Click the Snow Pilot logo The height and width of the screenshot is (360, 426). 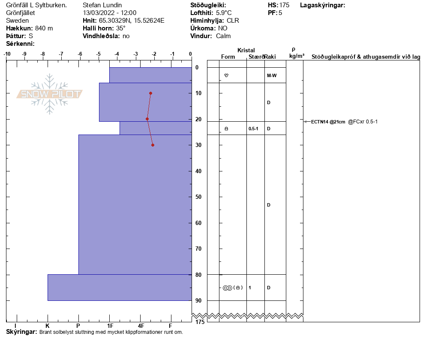point(49,94)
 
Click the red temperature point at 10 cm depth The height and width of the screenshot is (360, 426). point(150,93)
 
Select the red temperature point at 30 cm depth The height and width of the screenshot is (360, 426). point(153,145)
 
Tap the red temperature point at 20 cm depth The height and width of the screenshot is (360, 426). point(147,119)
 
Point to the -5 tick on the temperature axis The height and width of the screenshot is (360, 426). point(99,54)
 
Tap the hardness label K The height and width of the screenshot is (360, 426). point(48,326)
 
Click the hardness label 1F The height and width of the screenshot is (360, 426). point(110,326)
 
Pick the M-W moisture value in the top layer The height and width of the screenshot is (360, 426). point(271,75)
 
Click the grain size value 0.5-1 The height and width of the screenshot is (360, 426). point(253,129)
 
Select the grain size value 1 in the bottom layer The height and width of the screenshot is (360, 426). point(250,288)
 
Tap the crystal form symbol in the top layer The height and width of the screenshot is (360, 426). point(226,75)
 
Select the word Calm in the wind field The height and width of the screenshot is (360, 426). point(223,36)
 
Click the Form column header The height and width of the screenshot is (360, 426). point(228,57)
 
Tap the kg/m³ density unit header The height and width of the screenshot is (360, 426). point(297,56)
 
